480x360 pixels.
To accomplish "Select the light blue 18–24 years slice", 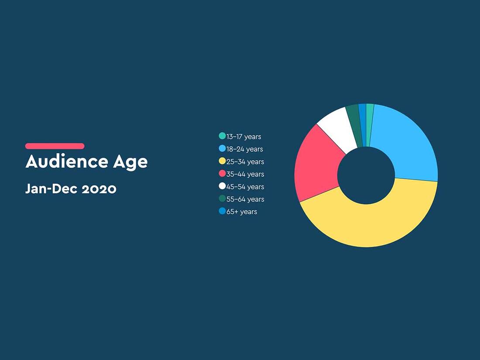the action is (407, 144).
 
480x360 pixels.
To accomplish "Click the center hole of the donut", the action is (366, 175).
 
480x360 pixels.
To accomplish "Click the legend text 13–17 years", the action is (243, 137).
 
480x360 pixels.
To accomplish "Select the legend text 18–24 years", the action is (245, 149).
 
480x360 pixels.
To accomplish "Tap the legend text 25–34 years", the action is (245, 161).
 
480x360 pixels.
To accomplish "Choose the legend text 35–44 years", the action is (245, 174).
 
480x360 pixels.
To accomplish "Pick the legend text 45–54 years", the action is (245, 187).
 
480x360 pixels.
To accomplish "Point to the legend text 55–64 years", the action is (245, 199).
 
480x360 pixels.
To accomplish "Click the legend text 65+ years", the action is (242, 212).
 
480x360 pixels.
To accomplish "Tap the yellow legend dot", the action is (222, 161).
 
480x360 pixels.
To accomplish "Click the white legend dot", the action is (222, 186).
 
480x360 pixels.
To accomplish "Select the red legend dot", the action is (222, 174).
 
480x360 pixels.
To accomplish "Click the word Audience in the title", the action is (67, 161).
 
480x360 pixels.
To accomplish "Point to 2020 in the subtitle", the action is (99, 189).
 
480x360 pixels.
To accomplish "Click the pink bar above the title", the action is (55, 146).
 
